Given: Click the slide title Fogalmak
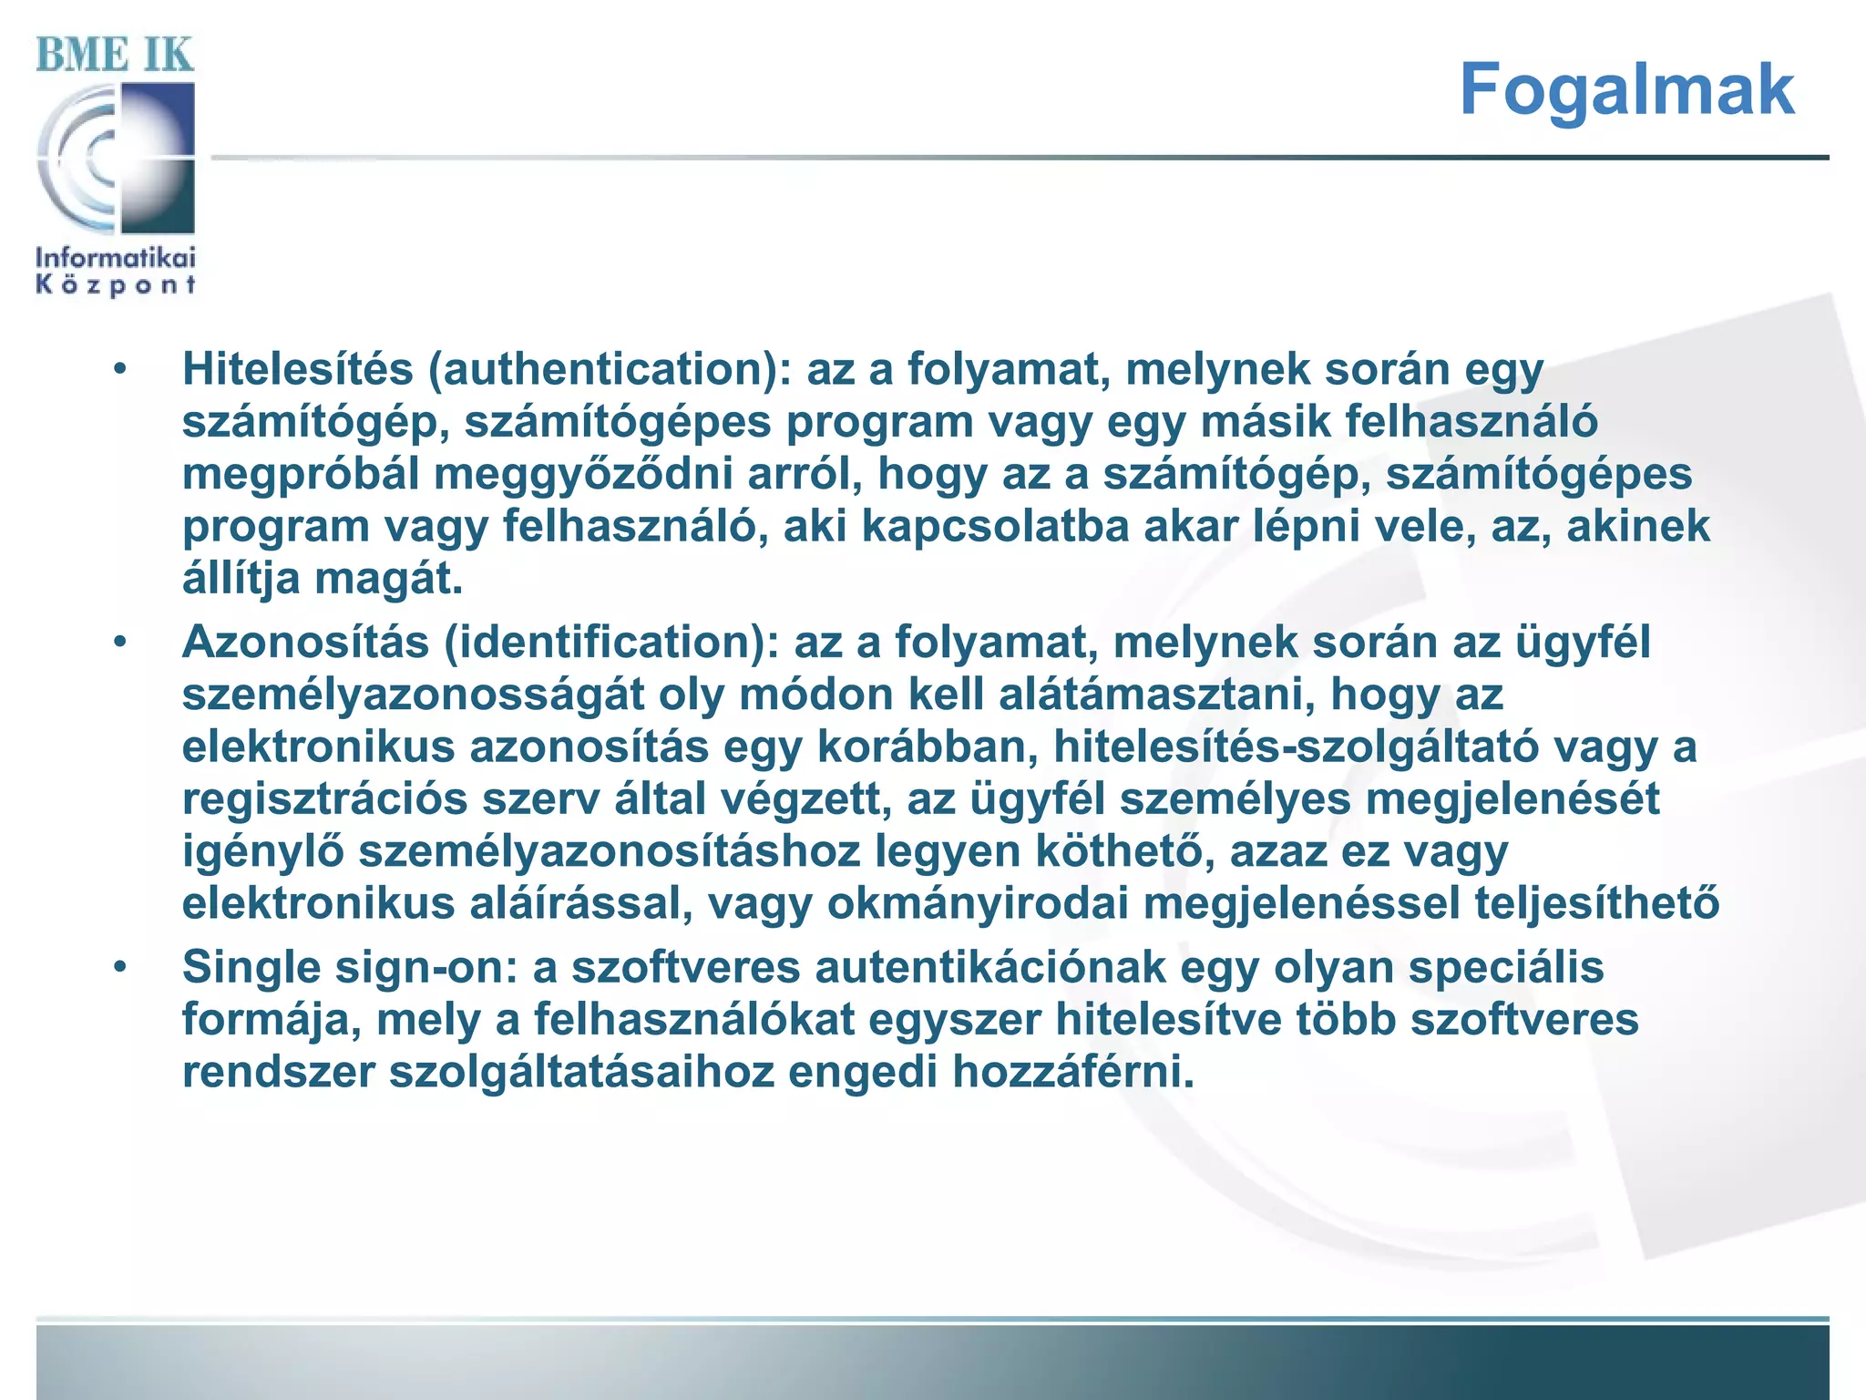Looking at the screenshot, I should pos(1626,89).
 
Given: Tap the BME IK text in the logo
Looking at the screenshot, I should pos(115,55).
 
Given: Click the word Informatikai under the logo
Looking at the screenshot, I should pos(116,257).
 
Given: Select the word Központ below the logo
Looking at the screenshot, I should pos(116,285).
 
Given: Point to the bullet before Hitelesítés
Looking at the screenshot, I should pos(120,370).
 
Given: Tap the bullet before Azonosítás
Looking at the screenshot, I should pos(120,643).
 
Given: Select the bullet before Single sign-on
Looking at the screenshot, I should pos(120,967).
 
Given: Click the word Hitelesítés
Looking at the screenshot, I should pos(298,369).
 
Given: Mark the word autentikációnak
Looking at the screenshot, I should pos(989,967).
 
